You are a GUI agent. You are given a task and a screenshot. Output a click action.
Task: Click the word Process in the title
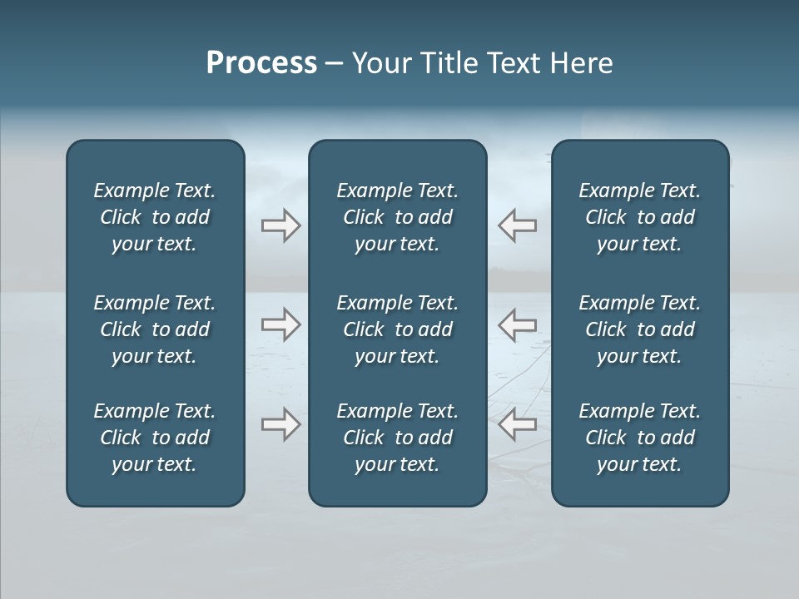(x=261, y=63)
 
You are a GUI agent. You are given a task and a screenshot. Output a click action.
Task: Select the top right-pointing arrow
(x=280, y=225)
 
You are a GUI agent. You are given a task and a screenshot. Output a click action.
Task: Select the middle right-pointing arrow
(x=280, y=324)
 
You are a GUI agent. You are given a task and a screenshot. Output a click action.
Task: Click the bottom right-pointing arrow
(x=280, y=424)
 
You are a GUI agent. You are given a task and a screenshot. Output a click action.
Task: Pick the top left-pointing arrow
(x=518, y=225)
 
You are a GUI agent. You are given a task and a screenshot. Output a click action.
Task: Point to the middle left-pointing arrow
(x=518, y=324)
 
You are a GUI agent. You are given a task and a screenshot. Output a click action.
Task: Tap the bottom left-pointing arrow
(x=518, y=424)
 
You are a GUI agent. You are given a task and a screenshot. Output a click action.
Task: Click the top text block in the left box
(x=155, y=217)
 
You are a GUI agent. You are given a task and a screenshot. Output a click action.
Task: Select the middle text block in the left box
(x=155, y=329)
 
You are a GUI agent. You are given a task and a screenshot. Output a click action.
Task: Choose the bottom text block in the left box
(x=155, y=438)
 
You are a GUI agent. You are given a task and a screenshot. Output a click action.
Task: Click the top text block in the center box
(x=397, y=217)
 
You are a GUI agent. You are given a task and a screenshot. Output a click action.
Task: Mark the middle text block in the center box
(x=397, y=329)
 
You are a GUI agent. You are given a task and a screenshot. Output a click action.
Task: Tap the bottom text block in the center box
(x=397, y=438)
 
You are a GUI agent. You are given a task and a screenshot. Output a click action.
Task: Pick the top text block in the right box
(x=640, y=217)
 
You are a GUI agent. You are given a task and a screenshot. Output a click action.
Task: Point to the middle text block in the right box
(x=640, y=329)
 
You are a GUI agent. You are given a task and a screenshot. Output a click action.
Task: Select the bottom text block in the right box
(x=640, y=438)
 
